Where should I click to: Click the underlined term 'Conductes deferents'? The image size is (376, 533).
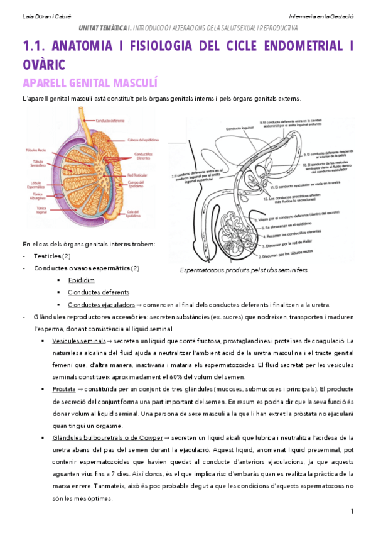point(99,292)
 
